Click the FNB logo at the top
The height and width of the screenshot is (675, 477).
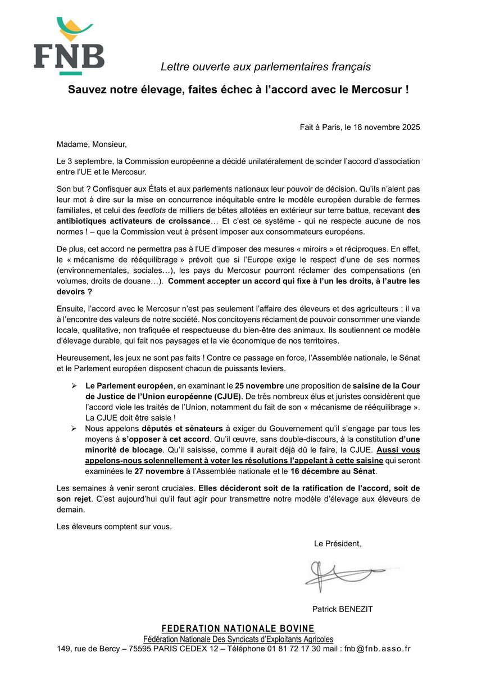69,47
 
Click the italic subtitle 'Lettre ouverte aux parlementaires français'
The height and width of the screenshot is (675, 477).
266,67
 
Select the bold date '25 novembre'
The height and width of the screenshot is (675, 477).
258,386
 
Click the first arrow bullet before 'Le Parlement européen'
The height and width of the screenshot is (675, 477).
74,386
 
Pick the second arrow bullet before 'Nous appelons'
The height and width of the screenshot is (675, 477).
74,428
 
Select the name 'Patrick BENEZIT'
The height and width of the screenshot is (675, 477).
342,609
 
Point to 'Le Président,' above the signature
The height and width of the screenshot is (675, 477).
337,543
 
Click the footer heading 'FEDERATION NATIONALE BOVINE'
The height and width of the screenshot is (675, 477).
238,628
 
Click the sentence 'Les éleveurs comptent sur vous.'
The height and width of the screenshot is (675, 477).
114,526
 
